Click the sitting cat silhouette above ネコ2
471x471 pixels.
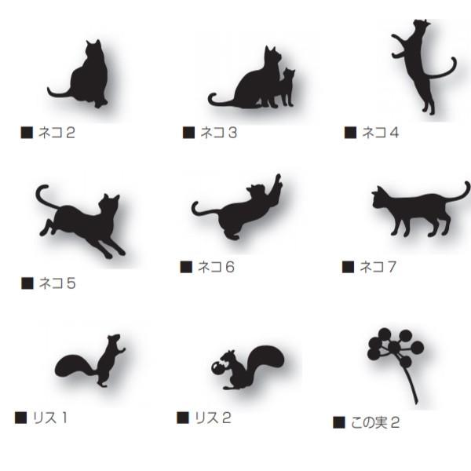coord(88,78)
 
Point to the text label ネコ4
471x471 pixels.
coord(380,133)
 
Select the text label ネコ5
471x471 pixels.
coord(57,283)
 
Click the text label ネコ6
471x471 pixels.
coord(216,267)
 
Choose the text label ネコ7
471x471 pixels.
coord(378,267)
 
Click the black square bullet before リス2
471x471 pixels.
coord(182,418)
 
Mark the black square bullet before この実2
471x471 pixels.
coord(339,422)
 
